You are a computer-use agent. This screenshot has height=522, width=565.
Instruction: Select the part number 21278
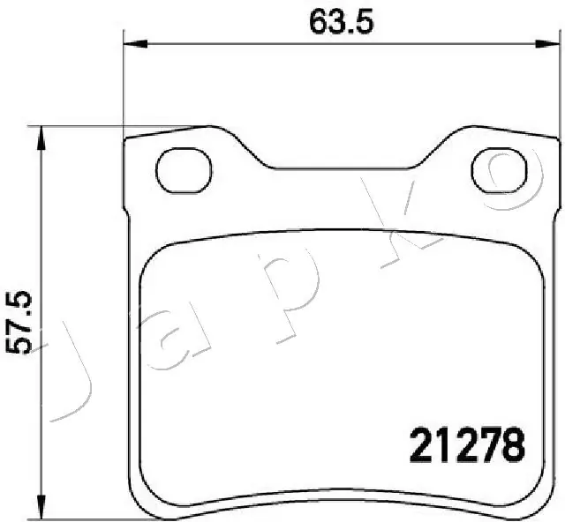click(465, 444)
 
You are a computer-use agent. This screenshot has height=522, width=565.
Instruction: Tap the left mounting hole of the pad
click(184, 167)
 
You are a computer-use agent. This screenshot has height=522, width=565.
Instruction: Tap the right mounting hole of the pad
click(505, 169)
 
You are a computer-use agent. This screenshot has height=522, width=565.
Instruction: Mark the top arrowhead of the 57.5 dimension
click(39, 135)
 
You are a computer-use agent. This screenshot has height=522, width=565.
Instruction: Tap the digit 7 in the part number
click(489, 444)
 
